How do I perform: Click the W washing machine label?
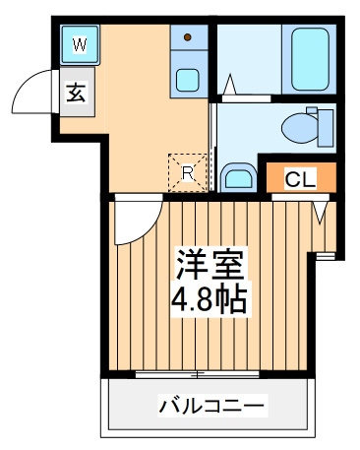pyautogui.click(x=80, y=44)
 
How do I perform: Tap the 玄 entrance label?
pyautogui.click(x=76, y=93)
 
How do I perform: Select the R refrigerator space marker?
pyautogui.click(x=188, y=172)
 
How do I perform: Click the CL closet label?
pyautogui.click(x=300, y=178)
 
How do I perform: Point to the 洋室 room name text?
pyautogui.click(x=210, y=264)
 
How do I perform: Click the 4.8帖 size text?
pyautogui.click(x=210, y=299)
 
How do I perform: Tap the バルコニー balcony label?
pyautogui.click(x=211, y=406)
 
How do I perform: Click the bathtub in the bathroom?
pyautogui.click(x=310, y=59)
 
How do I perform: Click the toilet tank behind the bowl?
pyautogui.click(x=325, y=128)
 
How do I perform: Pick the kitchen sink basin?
pyautogui.click(x=188, y=80)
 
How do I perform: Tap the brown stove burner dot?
pyautogui.click(x=188, y=37)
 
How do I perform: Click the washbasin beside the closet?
pyautogui.click(x=239, y=178)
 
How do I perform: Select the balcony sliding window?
pyautogui.click(x=198, y=374)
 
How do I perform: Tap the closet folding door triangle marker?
pyautogui.click(x=321, y=213)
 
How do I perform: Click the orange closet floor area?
pyautogui.click(x=301, y=177)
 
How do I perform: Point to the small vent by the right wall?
pyautogui.click(x=326, y=256)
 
